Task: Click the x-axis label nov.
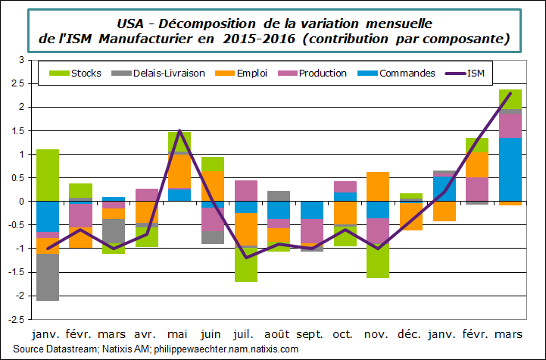(377, 334)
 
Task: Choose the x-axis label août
(278, 334)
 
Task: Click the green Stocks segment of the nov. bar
(377, 261)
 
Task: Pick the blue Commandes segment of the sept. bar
(311, 210)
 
